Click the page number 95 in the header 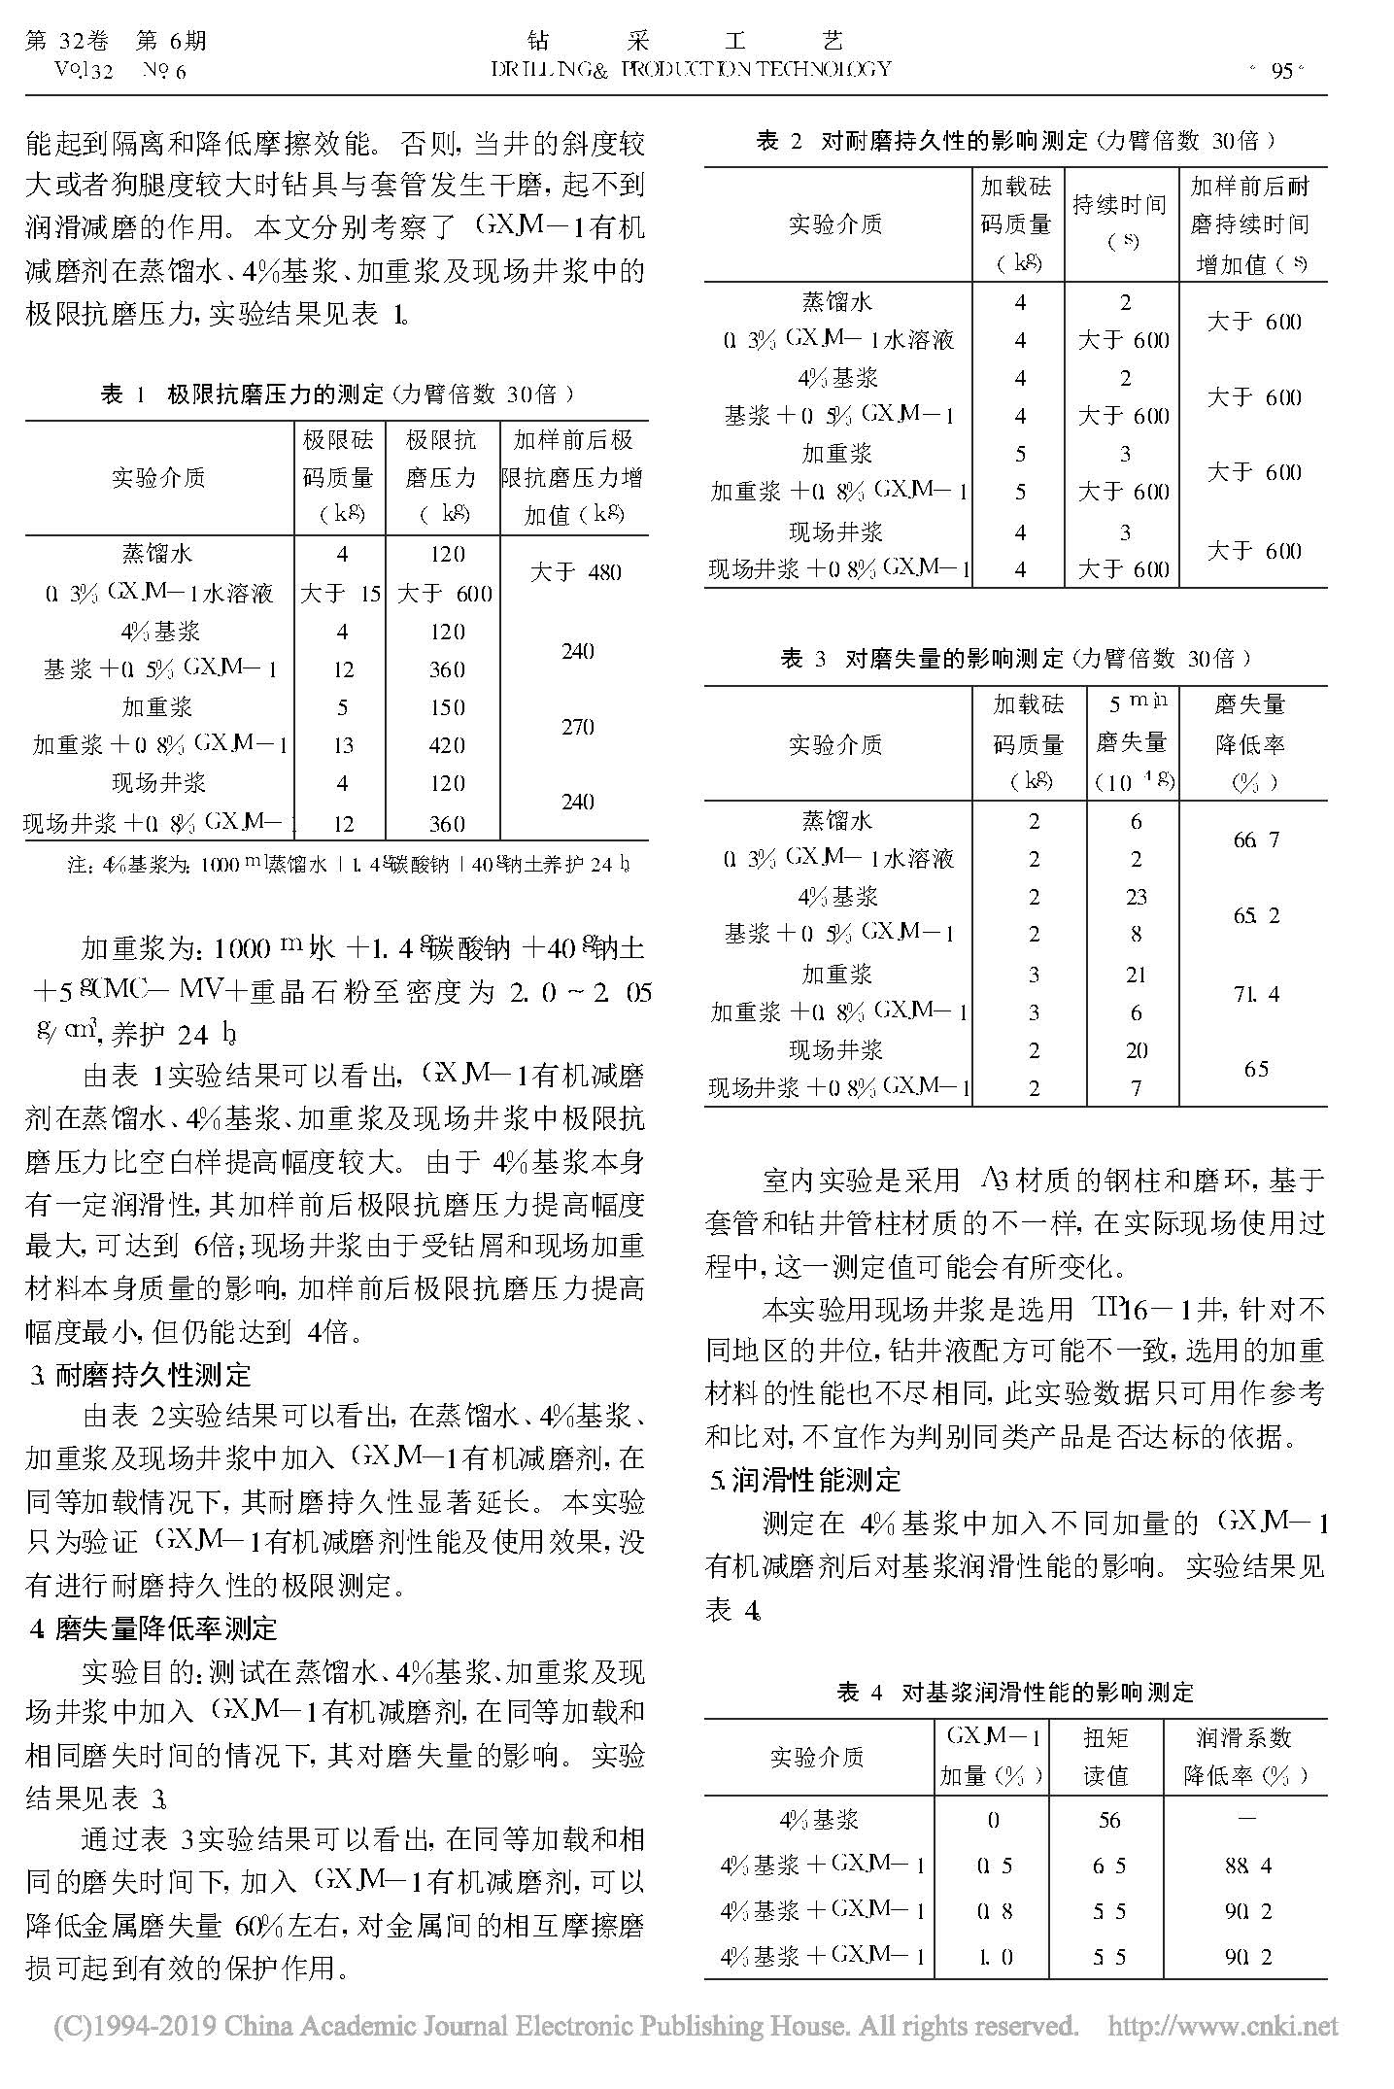coord(1281,70)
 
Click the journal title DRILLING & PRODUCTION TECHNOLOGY coord(691,68)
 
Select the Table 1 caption coord(337,394)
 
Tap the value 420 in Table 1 coord(447,745)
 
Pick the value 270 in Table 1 coord(577,727)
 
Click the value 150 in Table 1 coord(447,707)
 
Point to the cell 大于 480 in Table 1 coord(576,572)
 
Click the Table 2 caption coord(1015,141)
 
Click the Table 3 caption coord(1015,659)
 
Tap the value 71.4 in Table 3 coord(1256,993)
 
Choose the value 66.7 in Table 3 coord(1256,839)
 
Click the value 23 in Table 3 coord(1136,896)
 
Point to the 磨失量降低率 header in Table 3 coord(1251,742)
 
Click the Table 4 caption coord(1015,1692)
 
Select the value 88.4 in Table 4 coord(1248,1865)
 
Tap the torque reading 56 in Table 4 coord(1109,1820)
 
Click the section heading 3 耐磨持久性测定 coord(141,1375)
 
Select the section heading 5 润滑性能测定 coord(806,1480)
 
